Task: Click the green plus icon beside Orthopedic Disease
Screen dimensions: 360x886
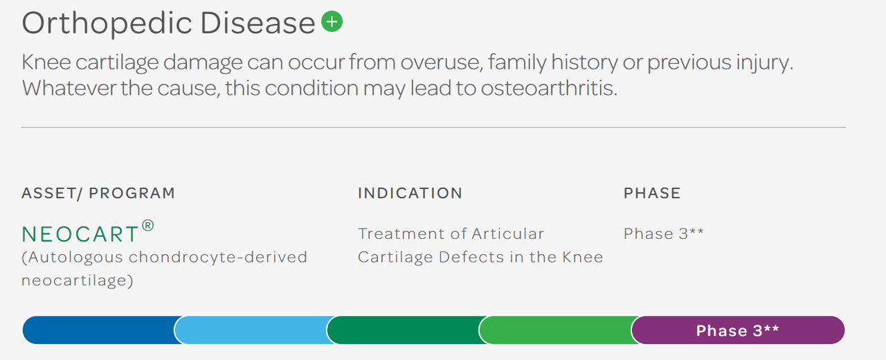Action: (332, 23)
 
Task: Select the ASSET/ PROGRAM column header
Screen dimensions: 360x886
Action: (98, 193)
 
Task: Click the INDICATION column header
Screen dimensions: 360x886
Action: (410, 193)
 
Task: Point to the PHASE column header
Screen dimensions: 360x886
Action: (652, 193)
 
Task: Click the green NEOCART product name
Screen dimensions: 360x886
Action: (80, 235)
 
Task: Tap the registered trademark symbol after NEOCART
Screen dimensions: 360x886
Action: (148, 226)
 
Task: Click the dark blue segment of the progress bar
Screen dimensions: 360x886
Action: (98, 330)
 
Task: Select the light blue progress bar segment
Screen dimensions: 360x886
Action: (251, 330)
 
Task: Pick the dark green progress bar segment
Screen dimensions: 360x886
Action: (403, 330)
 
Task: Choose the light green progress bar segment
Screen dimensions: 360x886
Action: (555, 330)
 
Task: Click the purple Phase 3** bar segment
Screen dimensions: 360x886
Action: (737, 330)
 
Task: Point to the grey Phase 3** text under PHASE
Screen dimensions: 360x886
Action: (663, 233)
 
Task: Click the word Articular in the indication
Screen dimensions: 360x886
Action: (507, 233)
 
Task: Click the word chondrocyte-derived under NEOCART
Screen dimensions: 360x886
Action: (219, 258)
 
